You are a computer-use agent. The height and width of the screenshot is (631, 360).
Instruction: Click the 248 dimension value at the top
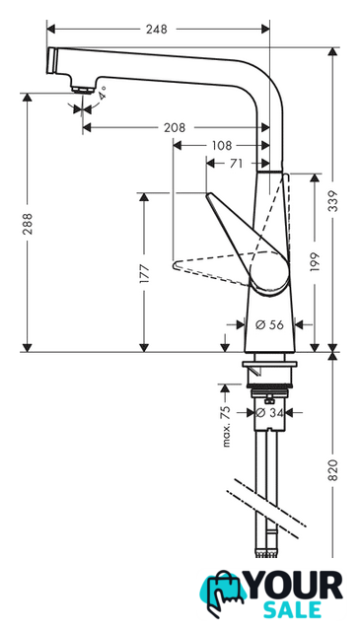[156, 29]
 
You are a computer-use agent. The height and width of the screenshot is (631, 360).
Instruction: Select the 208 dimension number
[175, 127]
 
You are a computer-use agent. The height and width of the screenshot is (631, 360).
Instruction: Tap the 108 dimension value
[222, 145]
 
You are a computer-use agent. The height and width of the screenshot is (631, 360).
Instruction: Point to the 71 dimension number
[236, 164]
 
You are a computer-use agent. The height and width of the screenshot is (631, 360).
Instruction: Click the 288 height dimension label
[28, 224]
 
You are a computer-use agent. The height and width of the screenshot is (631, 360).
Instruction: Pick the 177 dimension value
[144, 274]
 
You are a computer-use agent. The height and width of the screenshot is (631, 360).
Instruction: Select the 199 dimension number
[315, 262]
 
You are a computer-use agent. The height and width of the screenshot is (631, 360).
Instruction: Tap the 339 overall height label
[332, 201]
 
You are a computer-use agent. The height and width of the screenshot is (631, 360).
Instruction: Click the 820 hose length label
[332, 469]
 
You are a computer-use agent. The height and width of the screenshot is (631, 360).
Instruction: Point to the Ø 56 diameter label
[270, 324]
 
